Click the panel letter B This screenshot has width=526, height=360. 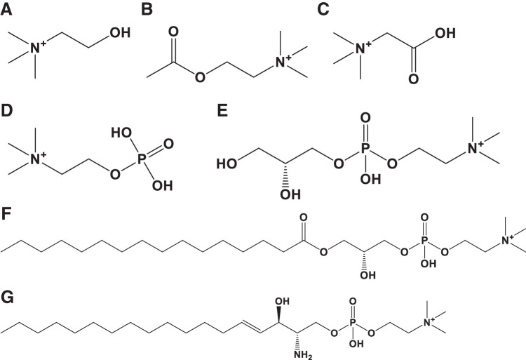pos(147,11)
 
